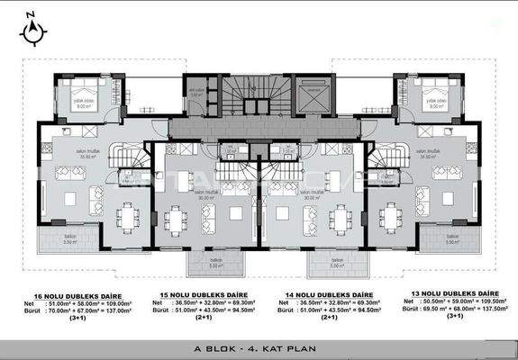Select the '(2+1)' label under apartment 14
tap(330, 317)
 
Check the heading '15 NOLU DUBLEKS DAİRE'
tap(200, 294)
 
